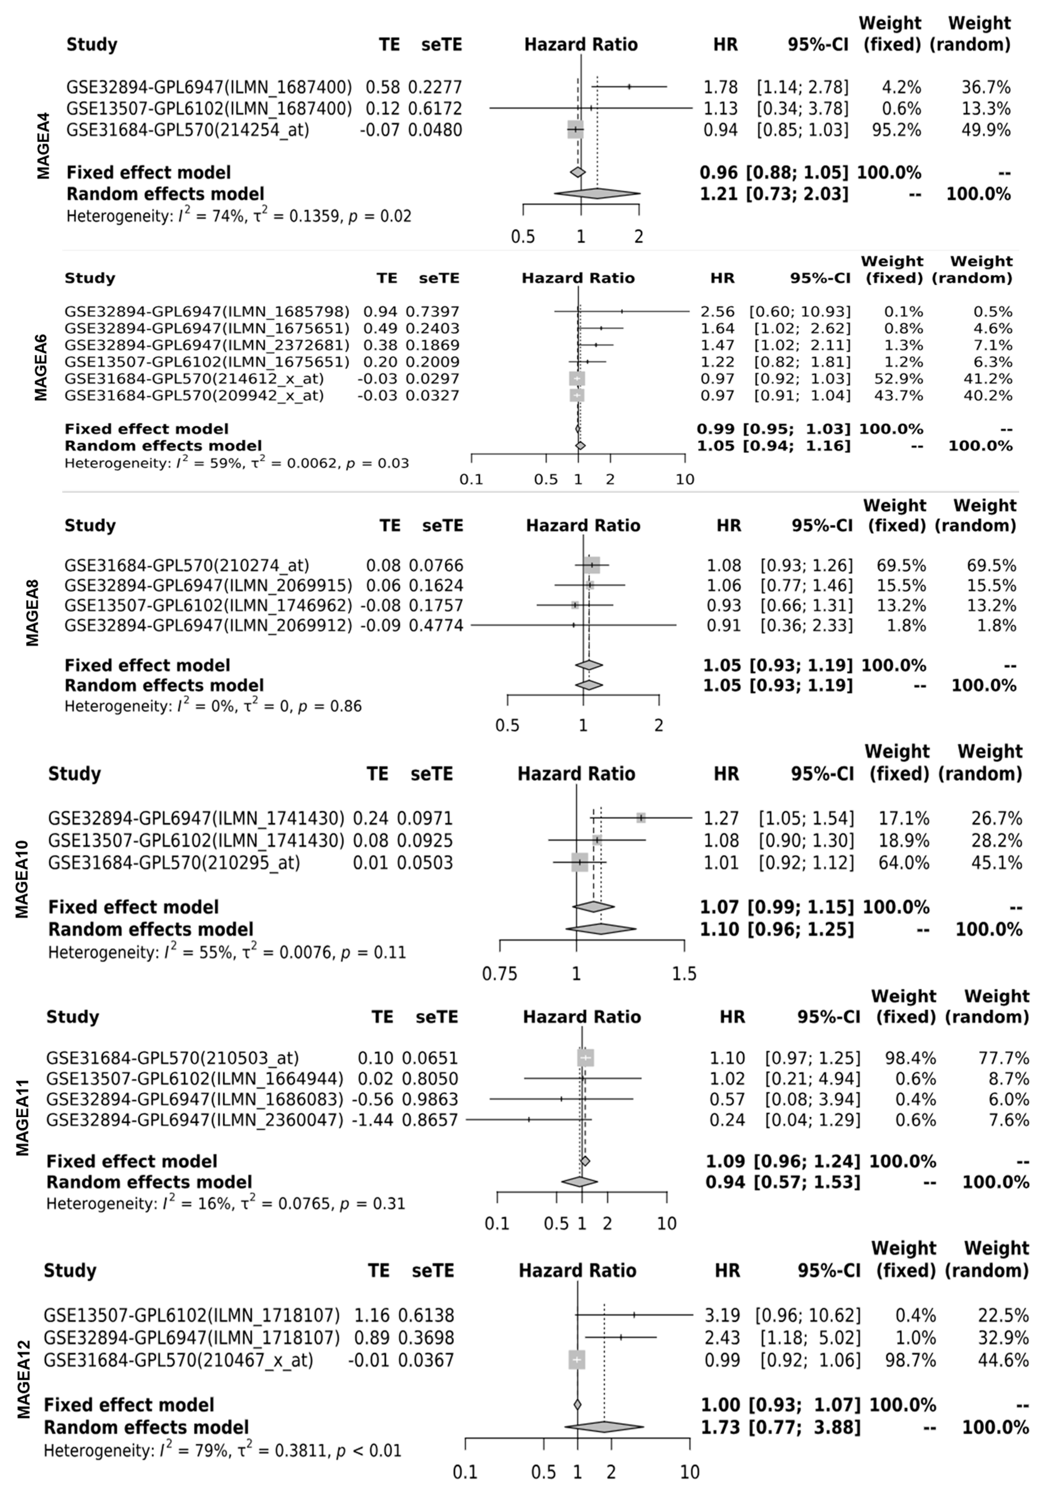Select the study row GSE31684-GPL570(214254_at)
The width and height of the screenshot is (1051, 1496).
pos(188,130)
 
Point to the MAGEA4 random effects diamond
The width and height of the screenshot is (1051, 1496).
pos(597,194)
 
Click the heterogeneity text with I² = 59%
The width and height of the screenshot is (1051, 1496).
pos(237,463)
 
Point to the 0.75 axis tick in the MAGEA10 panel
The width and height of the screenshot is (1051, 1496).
pos(499,974)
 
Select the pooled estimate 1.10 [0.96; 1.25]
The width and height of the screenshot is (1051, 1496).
pos(776,929)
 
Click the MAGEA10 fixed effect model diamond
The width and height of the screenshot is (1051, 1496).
pos(593,907)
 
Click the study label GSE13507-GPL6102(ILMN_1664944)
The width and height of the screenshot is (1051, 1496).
pos(194,1078)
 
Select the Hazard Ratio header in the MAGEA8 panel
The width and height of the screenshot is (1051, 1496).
pos(583,526)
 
